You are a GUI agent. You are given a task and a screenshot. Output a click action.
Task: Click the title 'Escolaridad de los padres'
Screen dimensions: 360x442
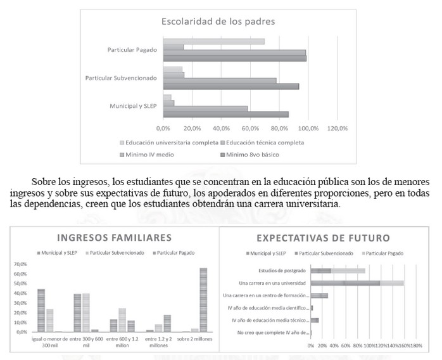tap(218, 22)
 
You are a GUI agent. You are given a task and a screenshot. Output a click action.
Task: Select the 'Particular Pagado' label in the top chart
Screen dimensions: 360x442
tap(132, 50)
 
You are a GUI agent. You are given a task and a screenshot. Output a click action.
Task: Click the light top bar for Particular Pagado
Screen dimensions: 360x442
tap(213, 42)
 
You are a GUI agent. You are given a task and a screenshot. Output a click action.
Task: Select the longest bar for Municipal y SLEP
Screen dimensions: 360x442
tap(225, 114)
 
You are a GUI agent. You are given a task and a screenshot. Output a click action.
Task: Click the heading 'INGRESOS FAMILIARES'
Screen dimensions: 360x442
tap(115, 238)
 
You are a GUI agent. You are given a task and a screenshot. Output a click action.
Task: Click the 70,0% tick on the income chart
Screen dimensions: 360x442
tap(20, 264)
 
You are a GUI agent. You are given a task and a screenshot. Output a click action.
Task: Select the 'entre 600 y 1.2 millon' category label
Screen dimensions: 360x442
tap(122, 344)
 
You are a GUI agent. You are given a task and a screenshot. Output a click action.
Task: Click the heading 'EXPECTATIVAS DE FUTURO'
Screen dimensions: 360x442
tap(322, 238)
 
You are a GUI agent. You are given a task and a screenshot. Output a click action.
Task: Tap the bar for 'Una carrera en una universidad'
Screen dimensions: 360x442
tap(357, 283)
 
